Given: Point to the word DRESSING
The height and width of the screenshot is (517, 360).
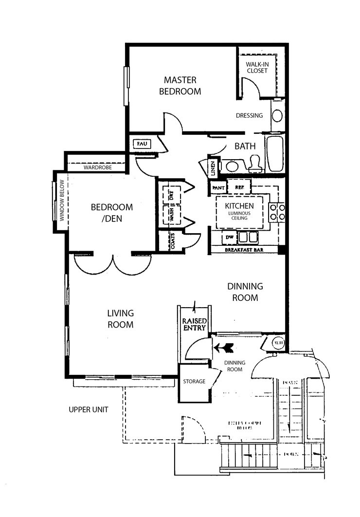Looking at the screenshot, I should click(x=249, y=116).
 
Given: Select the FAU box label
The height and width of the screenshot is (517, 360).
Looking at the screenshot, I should click(x=142, y=144).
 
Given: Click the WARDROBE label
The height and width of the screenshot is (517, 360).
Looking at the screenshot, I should click(x=97, y=167).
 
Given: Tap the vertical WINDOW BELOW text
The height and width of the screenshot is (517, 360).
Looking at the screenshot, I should click(x=62, y=201).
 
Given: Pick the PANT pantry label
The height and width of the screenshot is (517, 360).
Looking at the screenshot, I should click(x=217, y=187).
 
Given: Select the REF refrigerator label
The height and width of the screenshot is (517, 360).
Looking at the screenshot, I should click(x=239, y=187).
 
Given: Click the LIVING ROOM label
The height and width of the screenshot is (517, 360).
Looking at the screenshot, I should click(x=120, y=318).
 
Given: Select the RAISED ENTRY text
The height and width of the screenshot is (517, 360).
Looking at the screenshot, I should click(x=195, y=324).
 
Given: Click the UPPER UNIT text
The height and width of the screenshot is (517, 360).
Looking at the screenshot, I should click(x=88, y=409).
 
